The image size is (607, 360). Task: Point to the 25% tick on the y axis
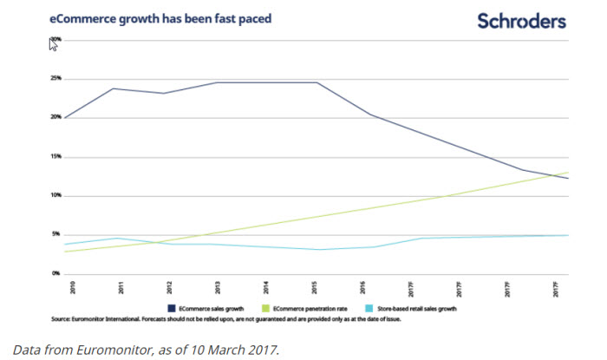[x=55, y=78]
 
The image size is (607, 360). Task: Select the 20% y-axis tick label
[x=55, y=117]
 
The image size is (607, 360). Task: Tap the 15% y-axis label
[x=55, y=156]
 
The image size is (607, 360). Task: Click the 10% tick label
[x=55, y=195]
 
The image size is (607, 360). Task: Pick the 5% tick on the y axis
[x=56, y=234]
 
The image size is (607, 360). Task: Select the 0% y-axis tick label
[x=56, y=273]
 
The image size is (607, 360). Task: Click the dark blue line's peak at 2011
[x=114, y=88]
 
